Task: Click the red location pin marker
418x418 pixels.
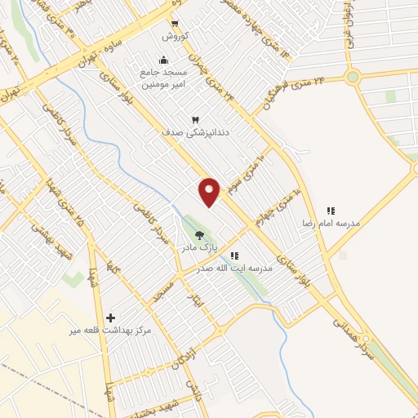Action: click(x=210, y=191)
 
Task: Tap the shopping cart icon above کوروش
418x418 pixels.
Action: click(x=174, y=24)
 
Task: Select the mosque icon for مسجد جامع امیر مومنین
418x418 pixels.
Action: click(x=164, y=59)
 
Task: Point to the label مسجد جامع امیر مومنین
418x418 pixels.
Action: click(x=162, y=78)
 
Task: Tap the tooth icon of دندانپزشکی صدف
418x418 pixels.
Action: click(x=194, y=119)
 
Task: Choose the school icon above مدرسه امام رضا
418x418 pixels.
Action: click(x=331, y=211)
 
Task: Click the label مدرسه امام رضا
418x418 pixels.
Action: click(x=331, y=223)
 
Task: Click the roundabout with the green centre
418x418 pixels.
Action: click(x=353, y=78)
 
